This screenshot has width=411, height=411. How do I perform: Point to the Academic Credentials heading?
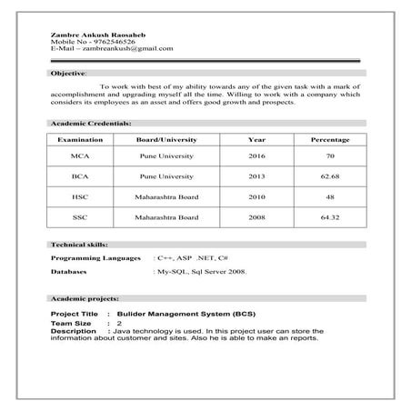[91, 123]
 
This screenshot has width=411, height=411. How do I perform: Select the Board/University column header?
[165, 140]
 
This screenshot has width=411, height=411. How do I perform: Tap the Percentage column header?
[330, 140]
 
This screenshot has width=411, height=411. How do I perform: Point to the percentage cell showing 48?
[330, 196]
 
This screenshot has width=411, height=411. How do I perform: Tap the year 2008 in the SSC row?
[256, 218]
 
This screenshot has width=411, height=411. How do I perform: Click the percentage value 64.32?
[330, 218]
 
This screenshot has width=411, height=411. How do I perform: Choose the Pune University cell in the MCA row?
[165, 156]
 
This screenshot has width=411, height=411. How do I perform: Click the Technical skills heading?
[79, 246]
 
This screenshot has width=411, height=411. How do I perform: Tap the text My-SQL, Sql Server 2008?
[202, 272]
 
